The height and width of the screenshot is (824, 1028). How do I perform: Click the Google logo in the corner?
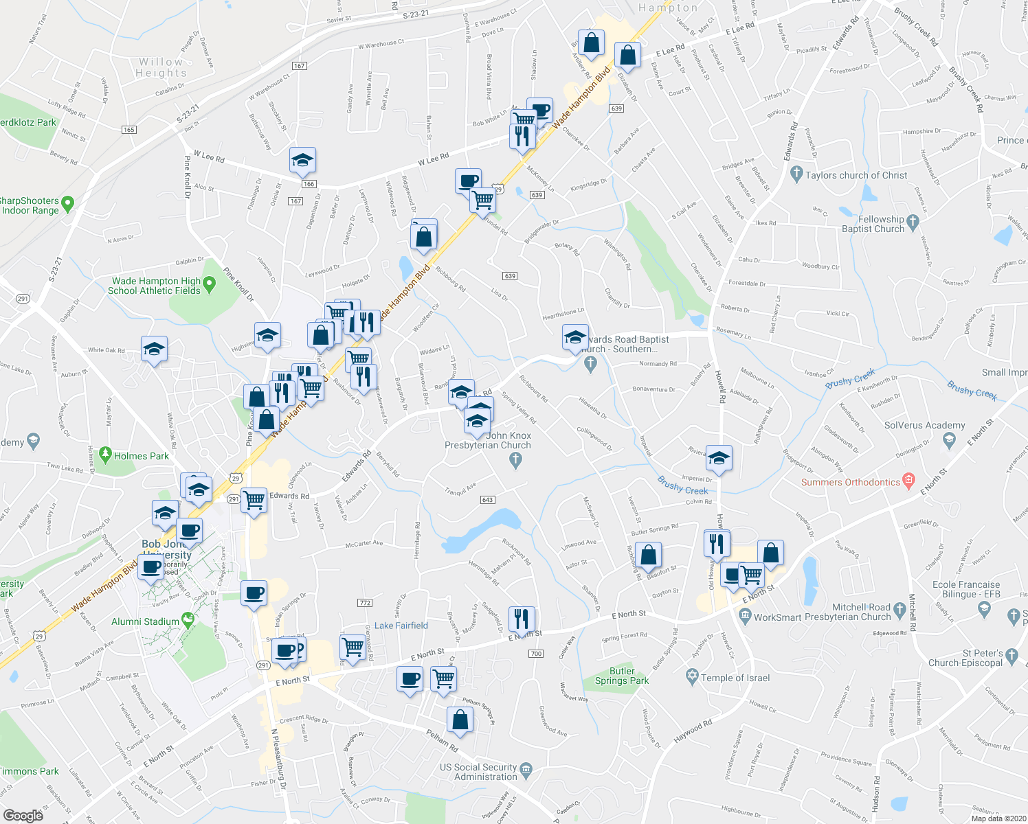pos(23,815)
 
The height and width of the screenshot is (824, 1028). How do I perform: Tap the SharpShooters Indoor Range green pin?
pos(67,203)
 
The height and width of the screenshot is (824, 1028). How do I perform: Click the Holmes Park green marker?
pos(105,454)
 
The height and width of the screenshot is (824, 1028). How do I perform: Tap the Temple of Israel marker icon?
pos(693,677)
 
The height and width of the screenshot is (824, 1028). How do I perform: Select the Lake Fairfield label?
pos(401,626)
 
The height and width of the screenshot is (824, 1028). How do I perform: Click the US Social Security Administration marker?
pos(526,768)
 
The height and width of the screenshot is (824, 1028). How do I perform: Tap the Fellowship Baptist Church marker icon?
pos(913,222)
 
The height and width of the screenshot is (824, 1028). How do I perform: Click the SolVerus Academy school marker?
pos(949,439)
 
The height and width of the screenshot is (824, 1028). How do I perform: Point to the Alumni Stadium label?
pos(145,621)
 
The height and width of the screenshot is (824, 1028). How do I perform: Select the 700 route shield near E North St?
pos(536,653)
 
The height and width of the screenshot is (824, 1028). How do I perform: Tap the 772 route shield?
pos(365,603)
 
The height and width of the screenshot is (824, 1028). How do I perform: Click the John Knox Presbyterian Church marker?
pos(516,461)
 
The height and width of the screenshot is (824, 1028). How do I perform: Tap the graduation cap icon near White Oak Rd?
pos(154,350)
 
